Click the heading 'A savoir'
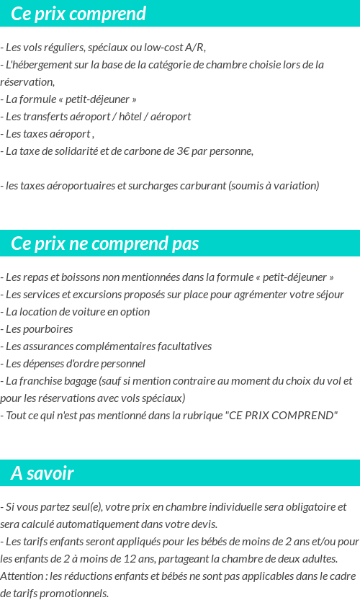[x=42, y=473]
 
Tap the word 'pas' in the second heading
[x=185, y=243]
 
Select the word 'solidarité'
[x=78, y=151]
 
